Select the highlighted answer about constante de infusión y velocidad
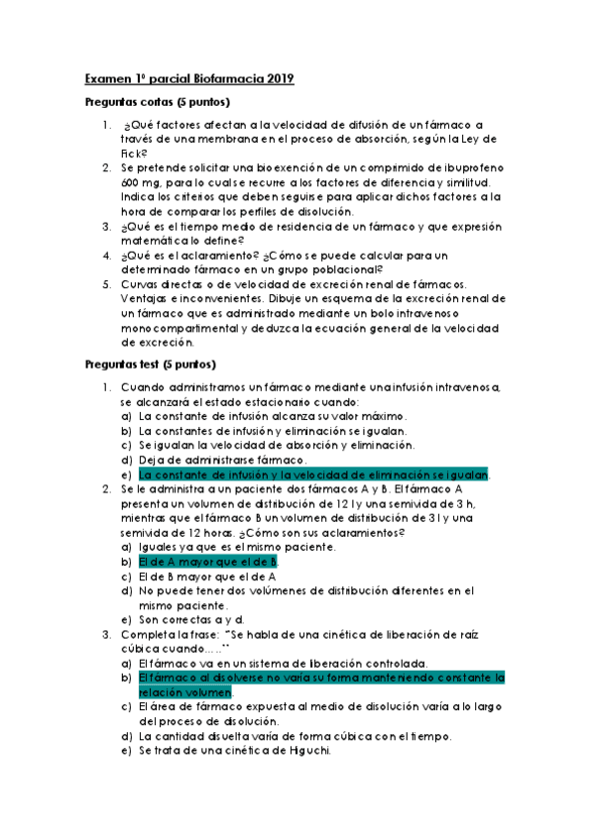(x=314, y=475)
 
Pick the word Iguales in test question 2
(x=162, y=547)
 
